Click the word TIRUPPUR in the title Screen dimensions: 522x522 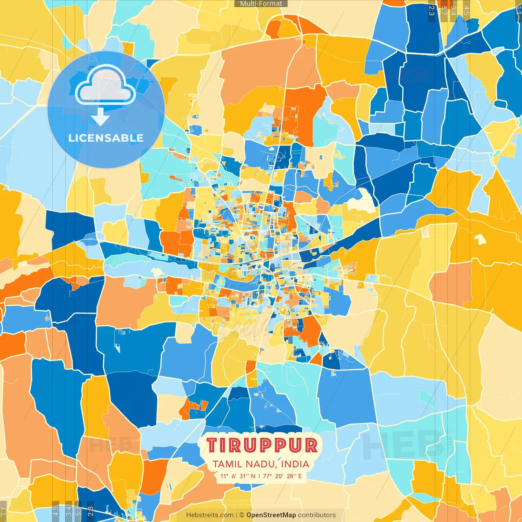coord(261,445)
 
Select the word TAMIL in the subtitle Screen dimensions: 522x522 coord(227,464)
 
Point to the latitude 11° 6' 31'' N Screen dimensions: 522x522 coord(238,476)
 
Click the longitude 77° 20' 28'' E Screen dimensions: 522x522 coord(283,476)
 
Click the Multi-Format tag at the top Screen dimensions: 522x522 coord(261,4)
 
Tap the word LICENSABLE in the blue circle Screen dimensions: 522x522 coord(106,138)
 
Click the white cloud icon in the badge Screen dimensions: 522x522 coord(105,86)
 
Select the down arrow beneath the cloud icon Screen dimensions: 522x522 coord(100,117)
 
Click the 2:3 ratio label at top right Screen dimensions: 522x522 coord(431,11)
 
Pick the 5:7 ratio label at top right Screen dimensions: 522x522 coord(444,11)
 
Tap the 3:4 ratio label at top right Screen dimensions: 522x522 coord(453,11)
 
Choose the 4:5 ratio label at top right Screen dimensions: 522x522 coord(467,11)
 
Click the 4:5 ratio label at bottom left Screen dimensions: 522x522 coord(56,511)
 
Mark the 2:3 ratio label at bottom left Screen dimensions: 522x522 coord(91,511)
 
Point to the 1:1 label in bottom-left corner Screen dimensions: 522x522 coord(3,511)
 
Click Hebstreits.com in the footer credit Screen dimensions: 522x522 coord(210,515)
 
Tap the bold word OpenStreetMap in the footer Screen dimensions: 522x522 coord(271,515)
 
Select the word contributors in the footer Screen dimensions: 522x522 coord(317,515)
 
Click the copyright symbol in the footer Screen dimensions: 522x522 coord(242,515)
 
